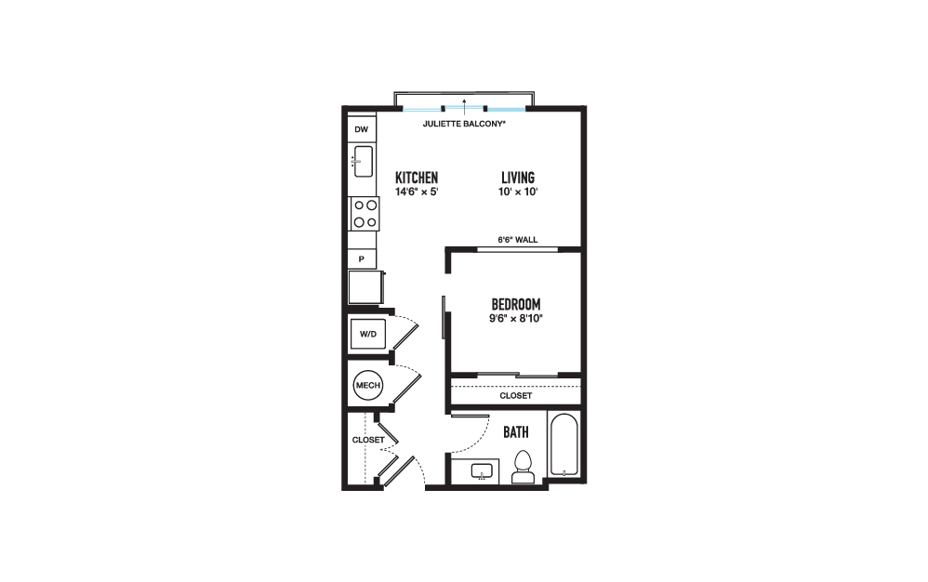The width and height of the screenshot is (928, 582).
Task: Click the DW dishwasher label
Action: coord(361,129)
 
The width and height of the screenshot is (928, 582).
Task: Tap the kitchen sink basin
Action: coord(363,161)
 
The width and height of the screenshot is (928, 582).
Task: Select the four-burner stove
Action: coord(365,214)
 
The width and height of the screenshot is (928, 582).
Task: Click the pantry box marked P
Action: coord(362,259)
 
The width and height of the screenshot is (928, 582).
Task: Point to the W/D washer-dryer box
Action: coord(368,334)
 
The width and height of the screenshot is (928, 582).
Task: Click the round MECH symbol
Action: coord(368,385)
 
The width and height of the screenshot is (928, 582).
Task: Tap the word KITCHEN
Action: coord(417,178)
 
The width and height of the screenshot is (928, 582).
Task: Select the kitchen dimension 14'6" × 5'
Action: coord(417,192)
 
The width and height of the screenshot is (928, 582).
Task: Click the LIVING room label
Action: coord(518,178)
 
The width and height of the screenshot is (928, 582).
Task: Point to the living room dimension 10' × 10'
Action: coord(518,192)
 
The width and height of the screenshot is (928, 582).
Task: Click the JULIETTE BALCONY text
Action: coord(464,125)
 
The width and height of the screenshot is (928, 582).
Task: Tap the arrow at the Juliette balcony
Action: coord(465,107)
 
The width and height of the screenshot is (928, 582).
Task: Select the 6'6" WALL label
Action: coord(518,240)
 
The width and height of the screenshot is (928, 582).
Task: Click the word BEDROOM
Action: coord(516,305)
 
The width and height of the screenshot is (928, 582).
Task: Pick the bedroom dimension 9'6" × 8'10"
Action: coord(516,319)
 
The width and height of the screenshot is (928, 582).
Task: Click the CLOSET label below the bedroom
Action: coord(515,396)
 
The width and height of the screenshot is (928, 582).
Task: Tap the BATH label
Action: coord(516,432)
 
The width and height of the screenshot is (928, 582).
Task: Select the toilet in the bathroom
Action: coord(524,468)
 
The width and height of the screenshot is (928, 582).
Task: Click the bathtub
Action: coord(564,444)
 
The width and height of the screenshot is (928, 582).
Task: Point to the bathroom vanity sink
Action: coord(483,471)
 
